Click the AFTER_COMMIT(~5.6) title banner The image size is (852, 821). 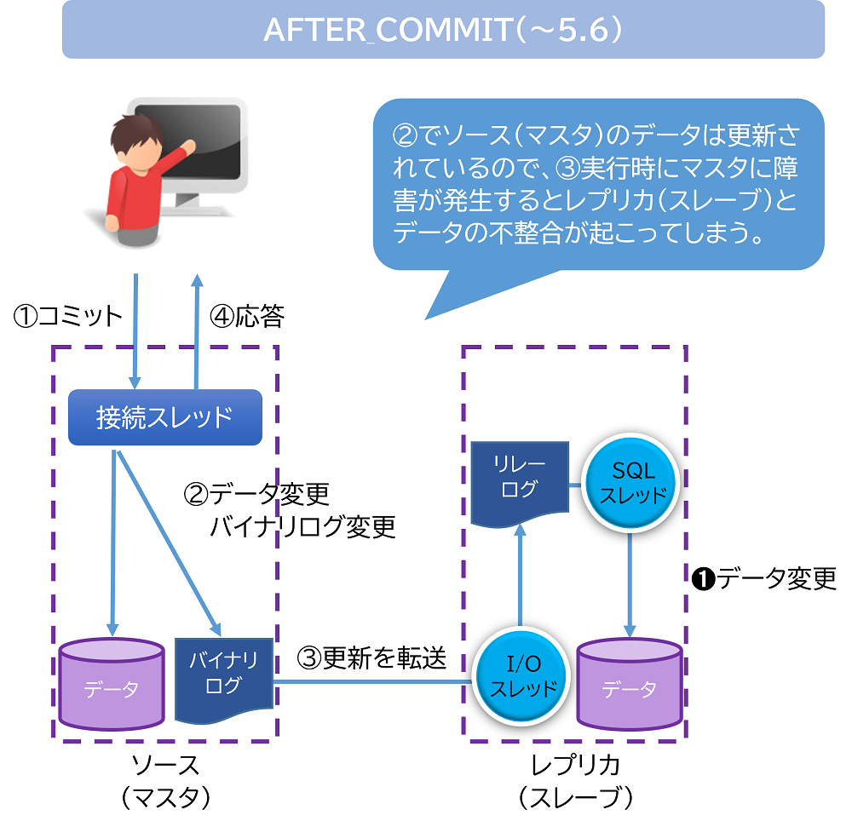coord(443,30)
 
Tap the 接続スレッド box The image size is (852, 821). coord(164,417)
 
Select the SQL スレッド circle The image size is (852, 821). coord(630,483)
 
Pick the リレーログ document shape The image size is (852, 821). coord(521,481)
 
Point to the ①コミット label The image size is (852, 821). coord(68,317)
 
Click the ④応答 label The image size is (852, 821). coord(247,317)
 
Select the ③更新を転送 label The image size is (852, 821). coord(371,657)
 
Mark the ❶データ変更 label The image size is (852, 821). coord(764,578)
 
